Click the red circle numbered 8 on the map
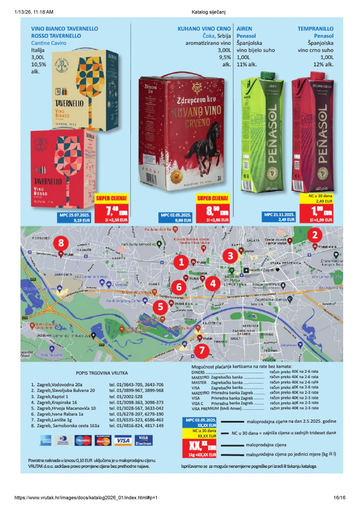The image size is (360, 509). [61, 243]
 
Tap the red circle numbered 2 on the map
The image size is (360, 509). [315, 235]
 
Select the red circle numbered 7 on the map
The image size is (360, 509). [202, 350]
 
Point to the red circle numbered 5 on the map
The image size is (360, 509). [160, 307]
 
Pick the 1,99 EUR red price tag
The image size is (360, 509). [316, 211]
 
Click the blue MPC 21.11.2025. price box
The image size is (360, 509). [279, 217]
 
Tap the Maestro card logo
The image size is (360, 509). [83, 440]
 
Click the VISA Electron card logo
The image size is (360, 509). [143, 440]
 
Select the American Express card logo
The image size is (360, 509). [46, 440]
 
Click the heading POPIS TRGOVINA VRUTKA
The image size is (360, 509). [102, 373]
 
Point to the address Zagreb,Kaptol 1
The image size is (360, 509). [52, 396]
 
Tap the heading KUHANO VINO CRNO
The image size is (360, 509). [204, 29]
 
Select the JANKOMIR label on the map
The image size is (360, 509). [63, 274]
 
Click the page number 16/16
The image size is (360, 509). [339, 497]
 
